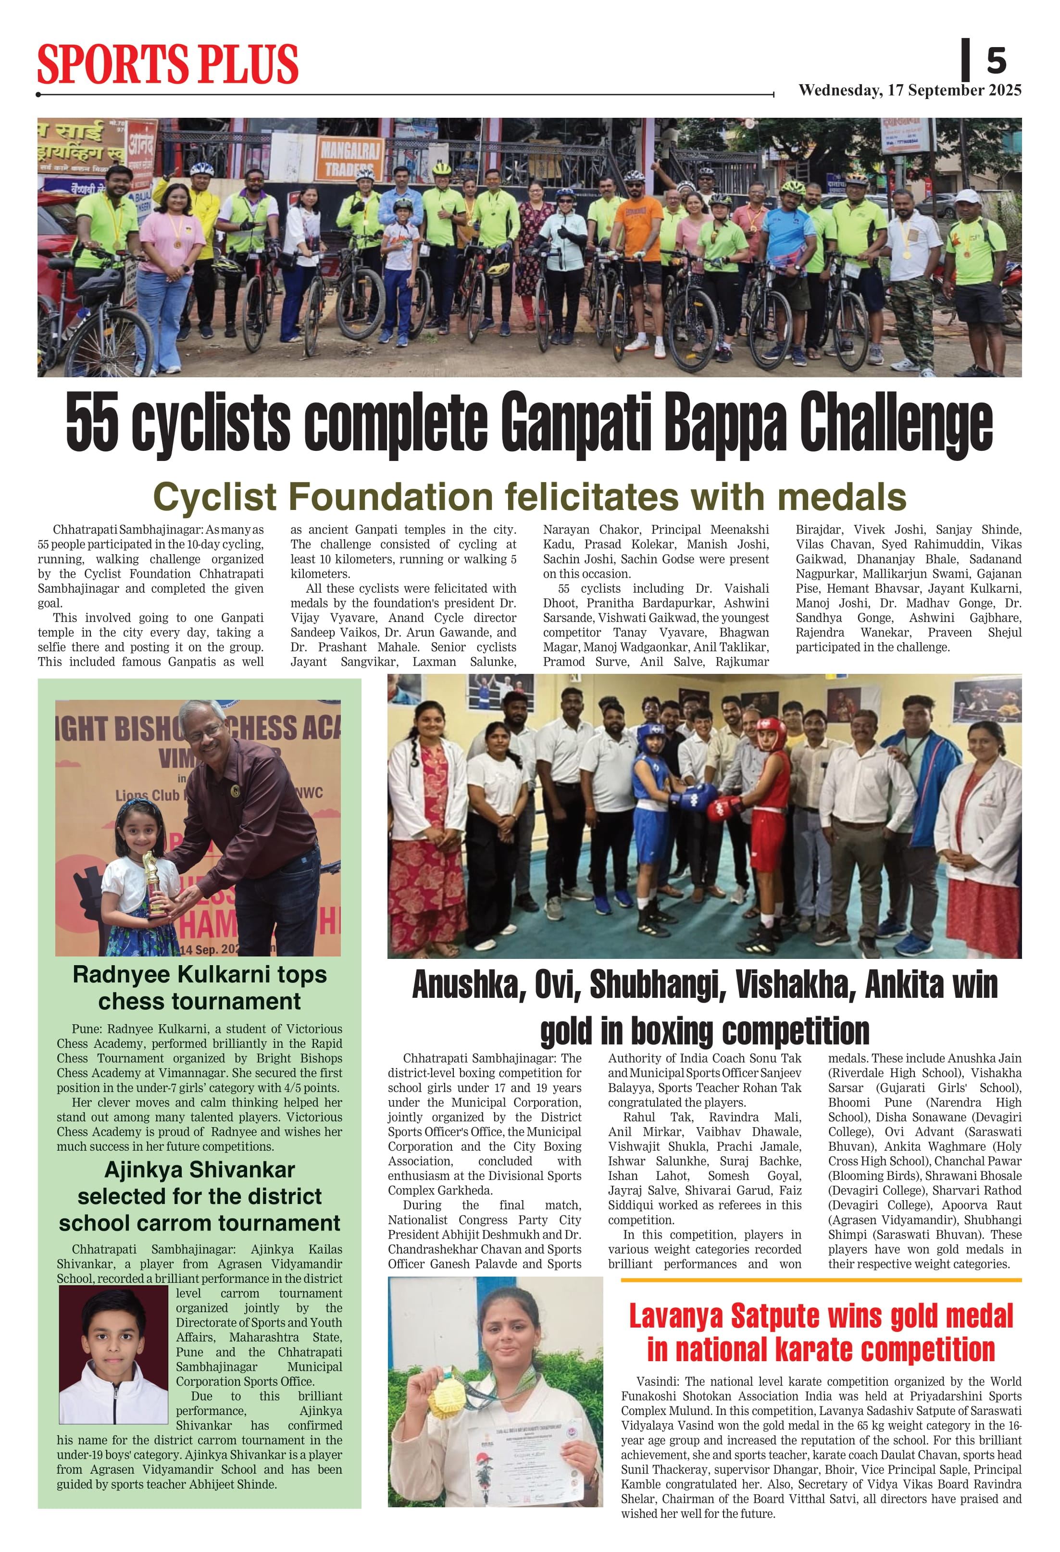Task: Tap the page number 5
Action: click(996, 62)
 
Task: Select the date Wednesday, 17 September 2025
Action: click(910, 90)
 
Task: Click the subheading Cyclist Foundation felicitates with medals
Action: click(530, 497)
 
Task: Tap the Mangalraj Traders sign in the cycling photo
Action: click(349, 159)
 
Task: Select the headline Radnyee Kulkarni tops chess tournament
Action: click(199, 988)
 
